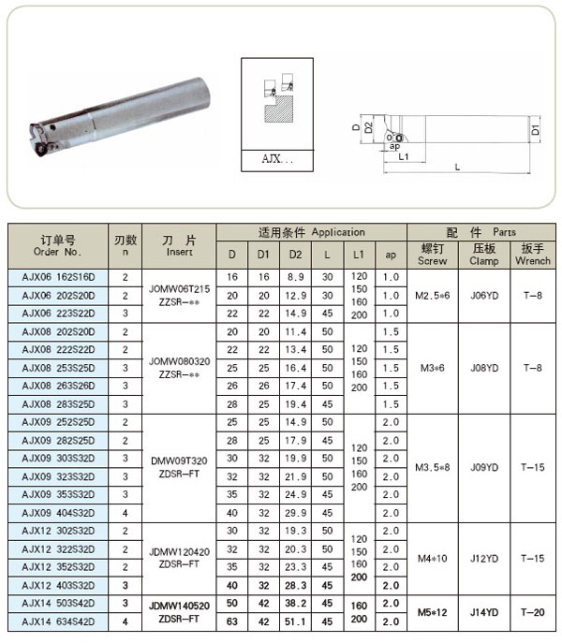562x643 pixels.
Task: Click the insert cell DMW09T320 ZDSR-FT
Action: pos(179,466)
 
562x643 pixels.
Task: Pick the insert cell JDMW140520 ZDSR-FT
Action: pos(179,612)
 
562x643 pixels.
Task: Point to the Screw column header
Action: pos(432,255)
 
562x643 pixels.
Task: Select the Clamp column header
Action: pos(484,255)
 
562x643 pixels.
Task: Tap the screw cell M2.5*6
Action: pos(432,296)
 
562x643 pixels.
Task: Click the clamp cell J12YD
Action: pos(484,559)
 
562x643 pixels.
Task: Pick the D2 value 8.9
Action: pos(295,278)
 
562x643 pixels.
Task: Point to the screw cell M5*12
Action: pos(432,612)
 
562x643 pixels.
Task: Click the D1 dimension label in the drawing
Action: pos(535,129)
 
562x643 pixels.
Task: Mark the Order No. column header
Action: pos(57,245)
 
